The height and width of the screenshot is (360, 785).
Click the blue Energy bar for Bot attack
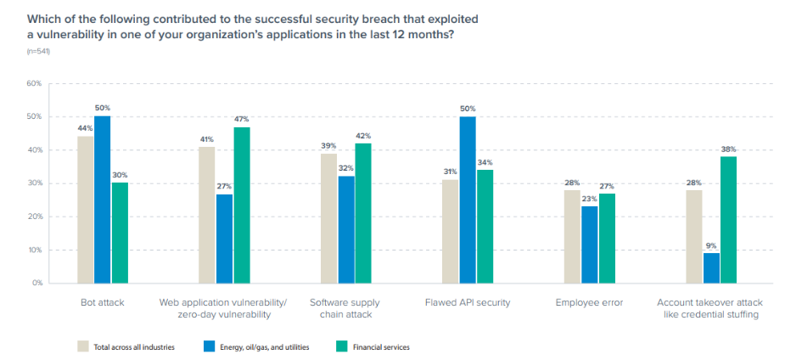tap(102, 200)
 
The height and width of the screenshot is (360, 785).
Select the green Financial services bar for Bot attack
tap(120, 233)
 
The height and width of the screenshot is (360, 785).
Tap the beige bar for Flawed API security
tap(450, 231)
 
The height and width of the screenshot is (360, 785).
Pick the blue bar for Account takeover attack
tap(710, 267)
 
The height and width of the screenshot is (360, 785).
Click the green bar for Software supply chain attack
tap(363, 213)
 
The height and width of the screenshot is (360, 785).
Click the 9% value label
tap(711, 246)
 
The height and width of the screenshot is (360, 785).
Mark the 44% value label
tap(85, 129)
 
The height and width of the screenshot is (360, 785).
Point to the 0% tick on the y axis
tap(36, 283)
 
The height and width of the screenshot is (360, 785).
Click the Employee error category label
tap(589, 302)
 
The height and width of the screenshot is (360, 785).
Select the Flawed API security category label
tap(468, 302)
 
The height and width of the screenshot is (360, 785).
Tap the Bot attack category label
tap(102, 302)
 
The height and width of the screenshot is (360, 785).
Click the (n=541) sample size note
tap(39, 53)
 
